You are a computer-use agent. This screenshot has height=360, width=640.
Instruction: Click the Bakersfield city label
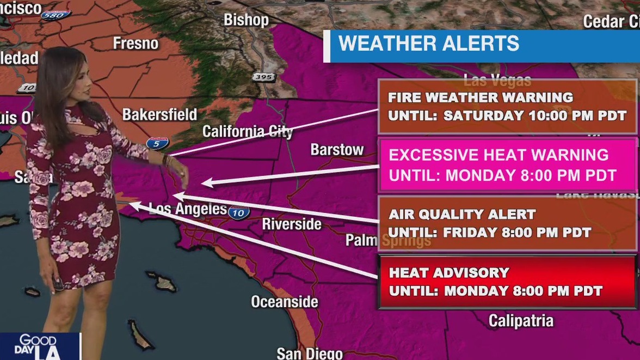click(159, 114)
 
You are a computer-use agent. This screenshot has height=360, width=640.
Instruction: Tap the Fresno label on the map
click(136, 43)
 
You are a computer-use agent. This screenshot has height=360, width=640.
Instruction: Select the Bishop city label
click(246, 20)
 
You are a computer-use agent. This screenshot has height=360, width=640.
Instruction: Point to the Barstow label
click(337, 149)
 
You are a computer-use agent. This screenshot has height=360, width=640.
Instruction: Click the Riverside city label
click(292, 223)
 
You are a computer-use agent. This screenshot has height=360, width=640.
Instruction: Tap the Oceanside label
click(284, 301)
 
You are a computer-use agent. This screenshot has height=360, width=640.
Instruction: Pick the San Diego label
click(310, 353)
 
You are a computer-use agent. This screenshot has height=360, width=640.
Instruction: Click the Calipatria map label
click(521, 321)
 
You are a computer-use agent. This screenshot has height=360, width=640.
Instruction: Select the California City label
click(248, 131)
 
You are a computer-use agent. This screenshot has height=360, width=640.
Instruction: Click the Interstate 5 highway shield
click(157, 144)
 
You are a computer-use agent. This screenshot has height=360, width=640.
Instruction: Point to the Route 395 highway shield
click(263, 77)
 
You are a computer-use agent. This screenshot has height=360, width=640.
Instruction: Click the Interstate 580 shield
click(56, 15)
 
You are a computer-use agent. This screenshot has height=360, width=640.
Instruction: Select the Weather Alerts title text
click(429, 44)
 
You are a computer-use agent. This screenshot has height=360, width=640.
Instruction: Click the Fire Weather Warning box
click(507, 106)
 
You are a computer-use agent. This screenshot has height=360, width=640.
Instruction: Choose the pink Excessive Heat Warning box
click(507, 165)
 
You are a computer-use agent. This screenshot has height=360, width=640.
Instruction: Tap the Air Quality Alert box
click(507, 223)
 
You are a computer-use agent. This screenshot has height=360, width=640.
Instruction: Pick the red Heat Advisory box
click(507, 282)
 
